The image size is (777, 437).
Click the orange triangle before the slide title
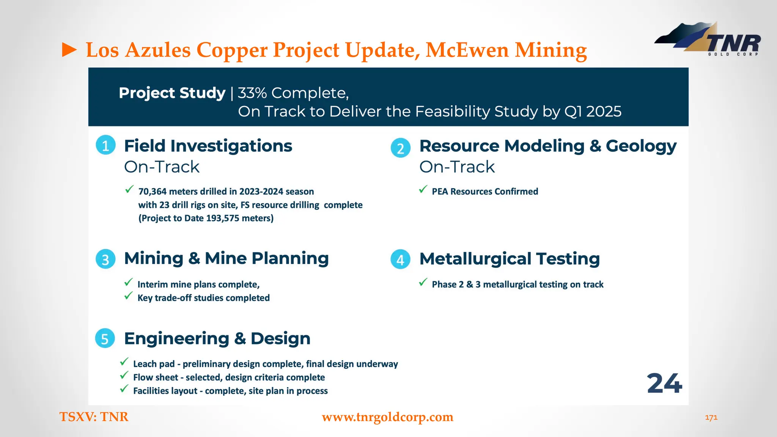click(69, 50)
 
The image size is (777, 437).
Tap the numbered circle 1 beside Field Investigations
click(105, 145)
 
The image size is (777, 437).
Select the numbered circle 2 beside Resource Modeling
click(400, 148)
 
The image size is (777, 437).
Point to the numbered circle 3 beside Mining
click(105, 259)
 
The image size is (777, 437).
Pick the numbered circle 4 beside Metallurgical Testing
click(400, 259)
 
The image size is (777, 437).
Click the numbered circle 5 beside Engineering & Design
click(105, 338)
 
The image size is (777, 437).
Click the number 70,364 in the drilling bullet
click(152, 192)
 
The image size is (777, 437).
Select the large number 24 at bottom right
click(664, 384)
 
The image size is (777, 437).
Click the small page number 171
click(711, 418)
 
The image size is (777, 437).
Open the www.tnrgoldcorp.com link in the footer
click(387, 417)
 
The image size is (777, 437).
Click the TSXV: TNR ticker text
click(94, 417)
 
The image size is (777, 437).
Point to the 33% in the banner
click(252, 93)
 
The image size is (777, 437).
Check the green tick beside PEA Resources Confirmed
click(423, 189)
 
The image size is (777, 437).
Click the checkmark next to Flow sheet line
click(124, 376)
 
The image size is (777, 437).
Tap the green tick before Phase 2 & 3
click(423, 282)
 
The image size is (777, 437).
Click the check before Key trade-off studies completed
click(129, 296)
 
